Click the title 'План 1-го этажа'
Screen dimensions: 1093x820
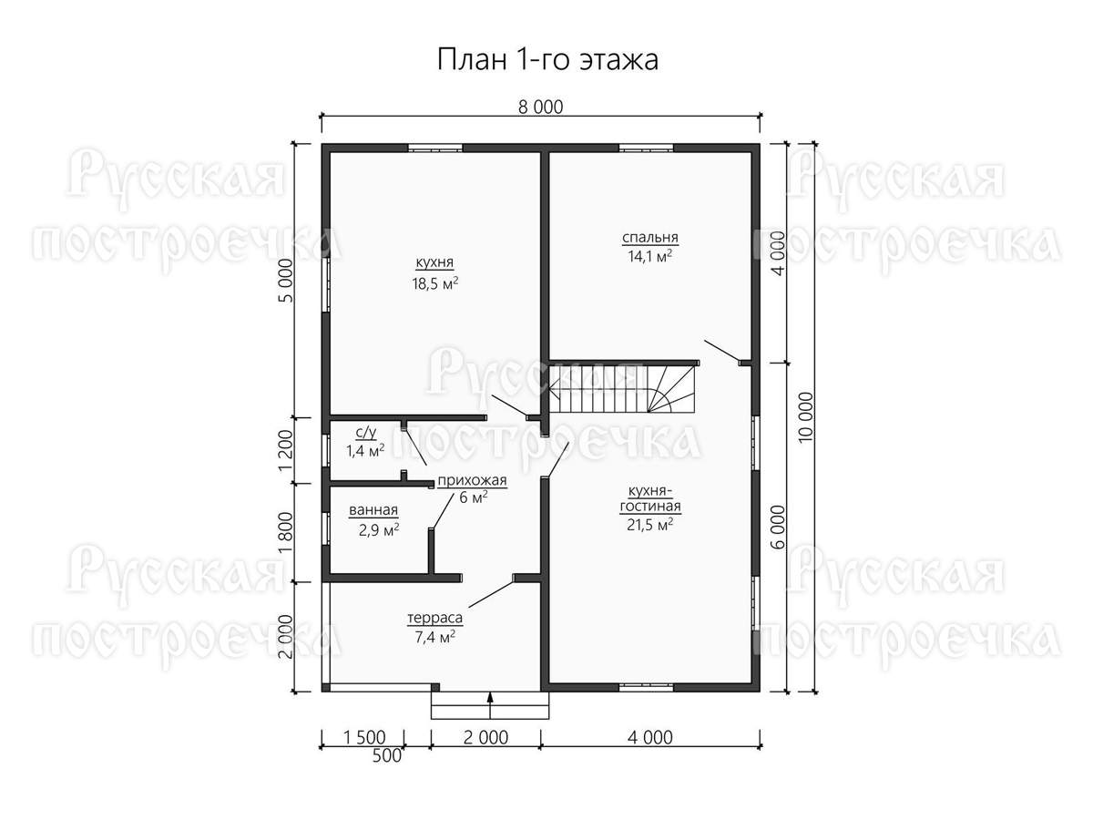tap(547, 60)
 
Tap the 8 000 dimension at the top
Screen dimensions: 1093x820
tap(540, 107)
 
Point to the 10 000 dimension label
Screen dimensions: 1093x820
tap(805, 417)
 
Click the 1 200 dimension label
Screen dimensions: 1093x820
tap(286, 450)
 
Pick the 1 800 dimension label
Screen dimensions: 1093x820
tap(286, 533)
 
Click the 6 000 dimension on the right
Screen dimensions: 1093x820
tap(777, 527)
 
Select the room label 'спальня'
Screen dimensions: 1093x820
tap(649, 238)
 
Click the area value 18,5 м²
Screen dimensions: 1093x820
tap(434, 283)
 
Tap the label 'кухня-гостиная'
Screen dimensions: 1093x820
tap(649, 499)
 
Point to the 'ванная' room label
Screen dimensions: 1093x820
tap(373, 510)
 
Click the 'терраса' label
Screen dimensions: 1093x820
tap(434, 618)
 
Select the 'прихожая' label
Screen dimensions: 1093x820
tap(472, 480)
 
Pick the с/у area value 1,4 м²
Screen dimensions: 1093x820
tap(365, 451)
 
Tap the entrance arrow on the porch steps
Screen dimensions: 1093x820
tap(490, 705)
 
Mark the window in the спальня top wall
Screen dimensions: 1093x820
tap(647, 148)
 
